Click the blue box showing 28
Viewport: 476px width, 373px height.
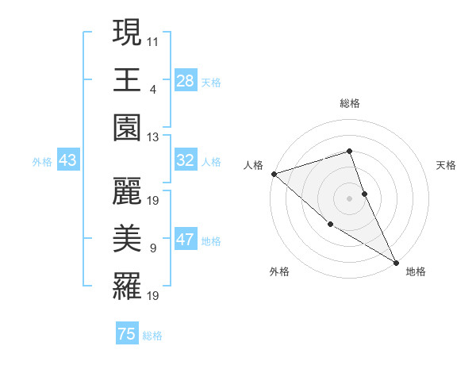pyautogui.click(x=185, y=81)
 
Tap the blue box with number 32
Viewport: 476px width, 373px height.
pyautogui.click(x=185, y=160)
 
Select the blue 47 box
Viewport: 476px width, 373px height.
pyautogui.click(x=185, y=240)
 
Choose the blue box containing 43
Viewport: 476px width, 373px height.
pyautogui.click(x=67, y=160)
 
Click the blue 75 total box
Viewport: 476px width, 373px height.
pyautogui.click(x=127, y=334)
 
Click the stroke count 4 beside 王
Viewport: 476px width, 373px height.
pyautogui.click(x=152, y=88)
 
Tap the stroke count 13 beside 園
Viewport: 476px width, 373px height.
pyautogui.click(x=153, y=137)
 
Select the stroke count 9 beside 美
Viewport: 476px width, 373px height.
pyautogui.click(x=152, y=248)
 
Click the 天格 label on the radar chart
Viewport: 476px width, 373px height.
pyautogui.click(x=446, y=165)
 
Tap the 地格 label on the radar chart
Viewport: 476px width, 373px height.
pyautogui.click(x=416, y=271)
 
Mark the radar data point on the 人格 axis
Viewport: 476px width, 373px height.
pyautogui.click(x=274, y=173)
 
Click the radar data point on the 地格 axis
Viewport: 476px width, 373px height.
pyautogui.click(x=396, y=262)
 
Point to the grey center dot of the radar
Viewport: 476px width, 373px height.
pyautogui.click(x=349, y=198)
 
